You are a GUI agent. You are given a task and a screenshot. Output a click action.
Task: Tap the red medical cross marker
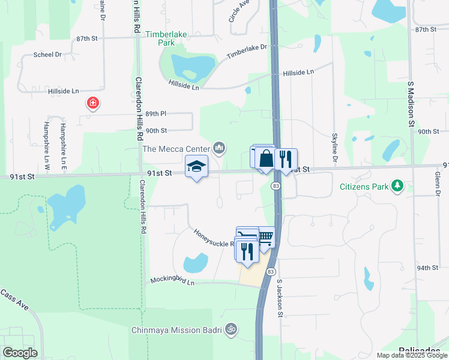click(93, 103)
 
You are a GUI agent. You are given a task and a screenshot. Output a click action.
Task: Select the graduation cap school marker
click(196, 166)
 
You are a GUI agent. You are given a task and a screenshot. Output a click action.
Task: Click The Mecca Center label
click(176, 148)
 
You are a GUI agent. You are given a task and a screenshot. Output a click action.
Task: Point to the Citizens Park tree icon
click(397, 187)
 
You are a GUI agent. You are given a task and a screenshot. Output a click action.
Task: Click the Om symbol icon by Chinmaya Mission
click(231, 329)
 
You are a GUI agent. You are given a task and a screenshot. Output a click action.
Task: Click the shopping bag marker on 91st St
click(266, 159)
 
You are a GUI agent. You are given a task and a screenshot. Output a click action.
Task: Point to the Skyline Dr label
click(334, 149)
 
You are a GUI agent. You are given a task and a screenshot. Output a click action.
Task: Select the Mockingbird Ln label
click(172, 280)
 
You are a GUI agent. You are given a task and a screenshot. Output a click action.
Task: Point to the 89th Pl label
click(155, 113)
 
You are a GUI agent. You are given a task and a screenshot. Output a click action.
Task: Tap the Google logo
click(20, 352)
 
